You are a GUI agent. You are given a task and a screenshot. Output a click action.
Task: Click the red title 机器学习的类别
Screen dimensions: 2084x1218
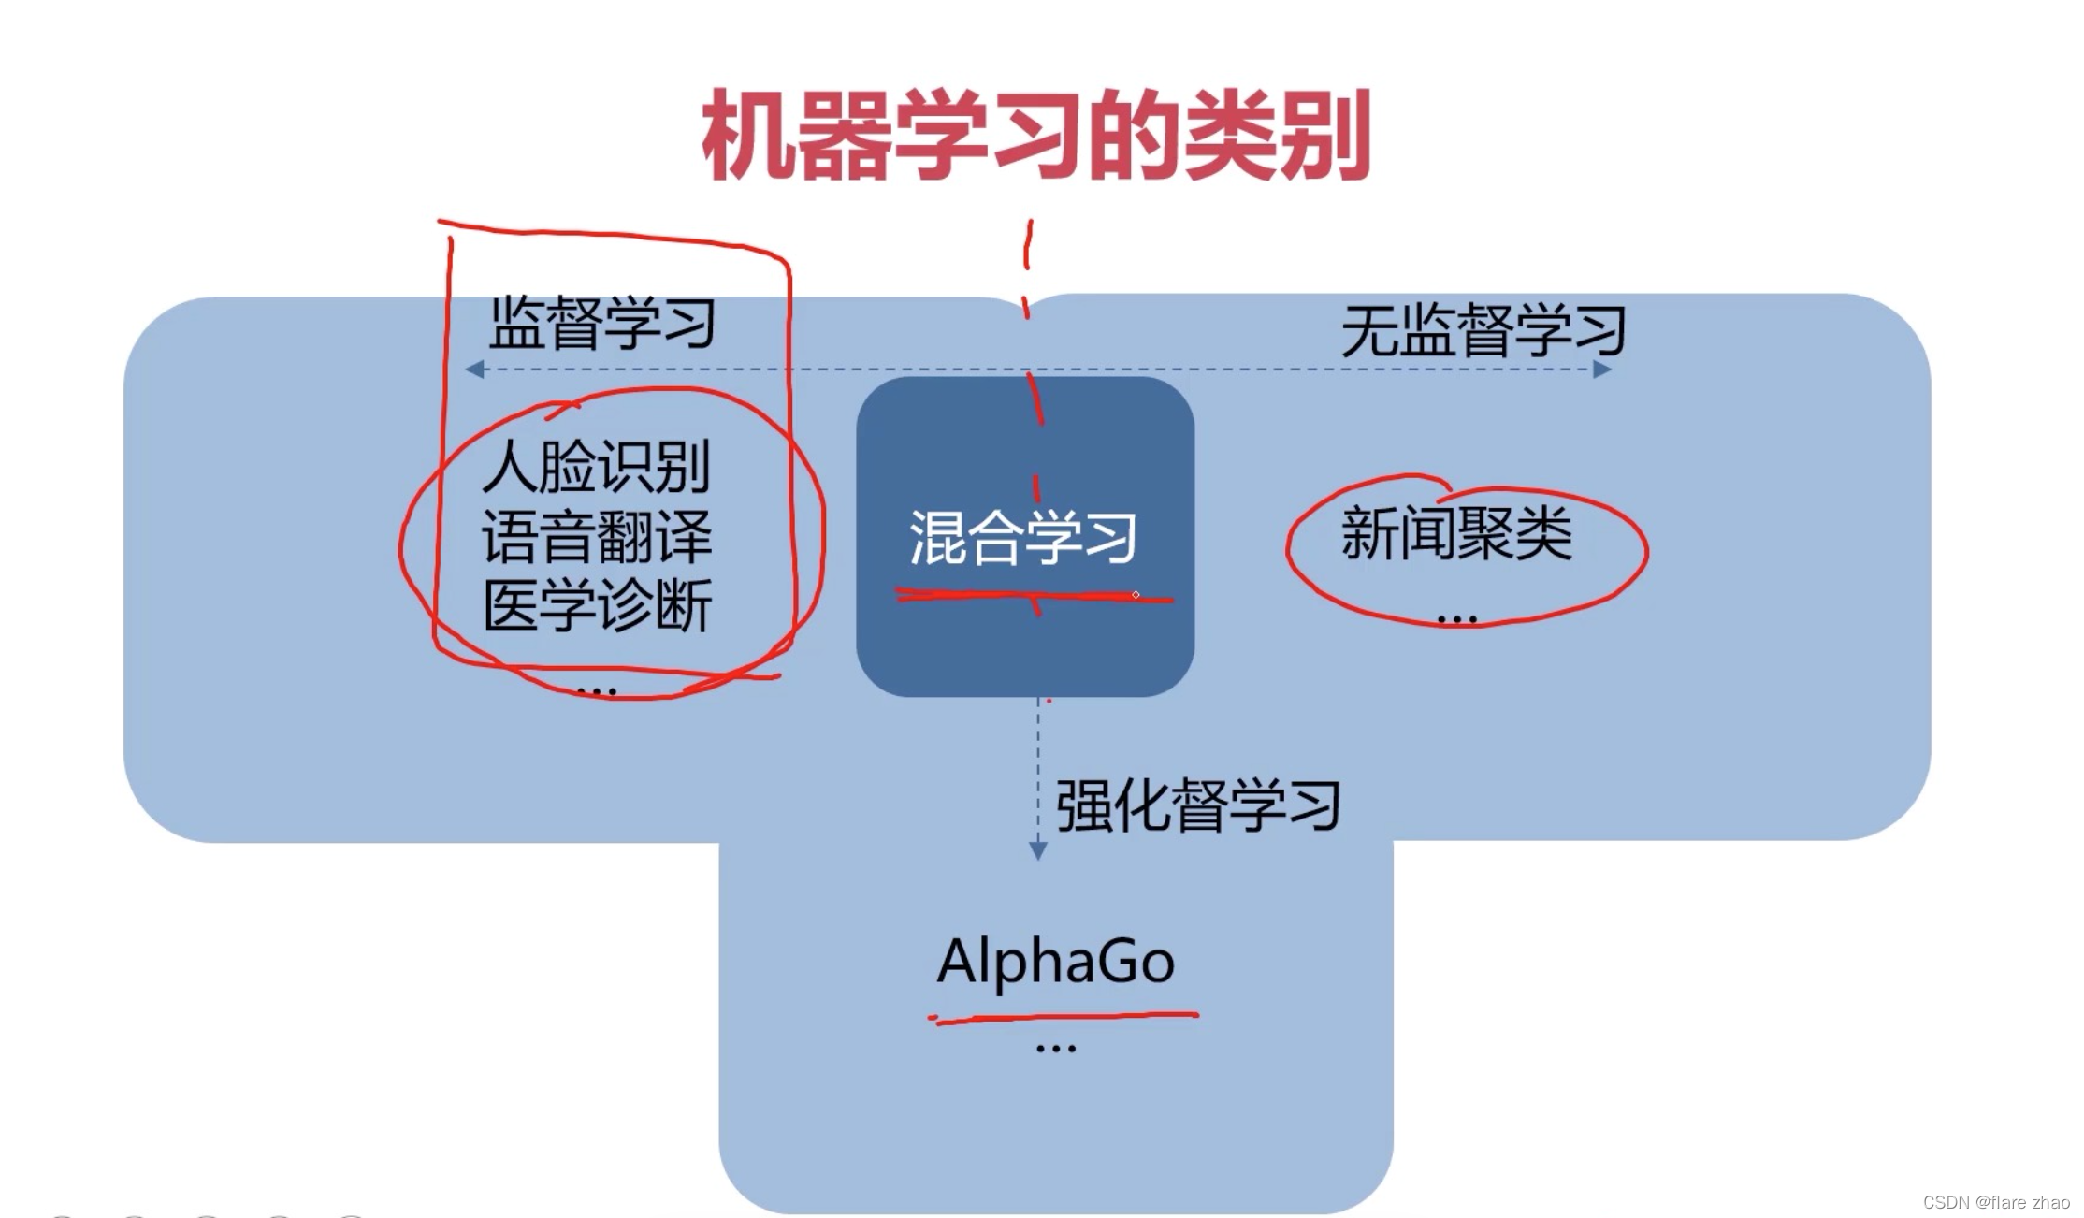(x=1035, y=136)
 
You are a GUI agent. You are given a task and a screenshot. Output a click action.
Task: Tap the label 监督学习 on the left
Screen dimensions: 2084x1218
(x=602, y=324)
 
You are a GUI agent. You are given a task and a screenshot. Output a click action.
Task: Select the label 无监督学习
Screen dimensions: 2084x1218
(x=1483, y=330)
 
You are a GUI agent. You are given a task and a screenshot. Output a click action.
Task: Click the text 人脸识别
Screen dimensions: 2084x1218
(x=597, y=467)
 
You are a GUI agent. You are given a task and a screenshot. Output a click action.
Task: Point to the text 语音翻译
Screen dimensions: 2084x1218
(x=597, y=537)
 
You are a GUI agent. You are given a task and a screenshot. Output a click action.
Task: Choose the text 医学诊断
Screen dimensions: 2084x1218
(x=597, y=606)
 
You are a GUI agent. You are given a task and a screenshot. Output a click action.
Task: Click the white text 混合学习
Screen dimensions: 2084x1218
(x=1023, y=538)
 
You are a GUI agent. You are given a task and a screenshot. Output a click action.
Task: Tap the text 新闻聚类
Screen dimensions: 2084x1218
(x=1456, y=534)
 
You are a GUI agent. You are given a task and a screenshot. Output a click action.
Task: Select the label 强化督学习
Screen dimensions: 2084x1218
(x=1198, y=805)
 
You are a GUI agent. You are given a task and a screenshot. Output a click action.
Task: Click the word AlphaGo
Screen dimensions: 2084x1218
(x=1055, y=961)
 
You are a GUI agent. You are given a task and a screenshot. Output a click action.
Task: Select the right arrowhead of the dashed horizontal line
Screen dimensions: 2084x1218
(x=1601, y=370)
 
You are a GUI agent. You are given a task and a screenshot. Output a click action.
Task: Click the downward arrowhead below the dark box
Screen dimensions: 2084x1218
(x=1037, y=850)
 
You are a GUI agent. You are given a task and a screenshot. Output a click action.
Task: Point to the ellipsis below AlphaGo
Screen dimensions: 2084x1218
(x=1056, y=1050)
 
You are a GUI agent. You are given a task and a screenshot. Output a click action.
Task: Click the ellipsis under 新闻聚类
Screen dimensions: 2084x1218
(x=1456, y=619)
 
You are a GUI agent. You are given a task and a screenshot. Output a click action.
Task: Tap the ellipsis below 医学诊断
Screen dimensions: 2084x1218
(x=597, y=692)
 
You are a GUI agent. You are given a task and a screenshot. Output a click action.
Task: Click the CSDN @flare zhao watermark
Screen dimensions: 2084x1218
(x=1995, y=1202)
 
